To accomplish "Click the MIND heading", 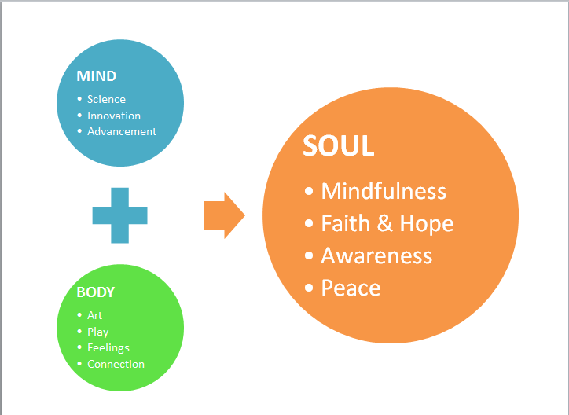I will coord(96,76).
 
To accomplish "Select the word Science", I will coord(106,99).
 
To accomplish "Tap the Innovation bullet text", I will coord(114,116).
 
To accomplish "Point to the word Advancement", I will coord(122,131).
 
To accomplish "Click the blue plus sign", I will coord(119,214).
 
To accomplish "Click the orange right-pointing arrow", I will coord(224,215).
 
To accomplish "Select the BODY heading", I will coord(96,292).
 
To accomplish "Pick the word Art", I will coord(94,315).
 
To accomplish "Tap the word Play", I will coord(98,332).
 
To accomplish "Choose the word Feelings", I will coord(108,347).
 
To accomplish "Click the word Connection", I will coord(116,364).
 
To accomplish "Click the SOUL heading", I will coord(339,147).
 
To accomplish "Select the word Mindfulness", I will coord(384,191).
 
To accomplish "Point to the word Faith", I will coord(346,223).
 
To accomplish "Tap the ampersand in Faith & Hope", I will coord(385,223).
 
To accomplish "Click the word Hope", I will coord(427,223).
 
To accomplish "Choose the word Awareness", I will coord(376,255).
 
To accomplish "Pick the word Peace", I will coord(351,288).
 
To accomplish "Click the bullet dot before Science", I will coord(79,99).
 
